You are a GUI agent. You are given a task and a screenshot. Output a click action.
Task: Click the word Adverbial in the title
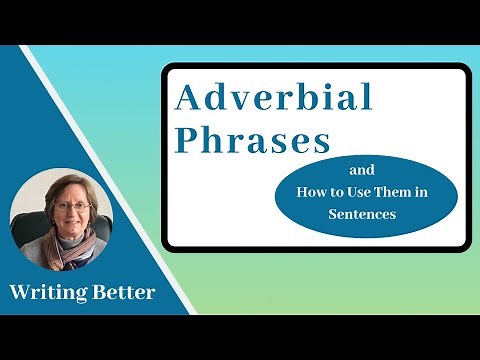tap(274, 98)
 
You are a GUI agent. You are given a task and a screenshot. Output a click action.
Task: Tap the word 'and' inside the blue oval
tap(365, 170)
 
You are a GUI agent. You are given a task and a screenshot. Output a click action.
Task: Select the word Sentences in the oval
tap(365, 214)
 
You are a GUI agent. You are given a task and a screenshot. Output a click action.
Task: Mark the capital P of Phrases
tap(186, 141)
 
